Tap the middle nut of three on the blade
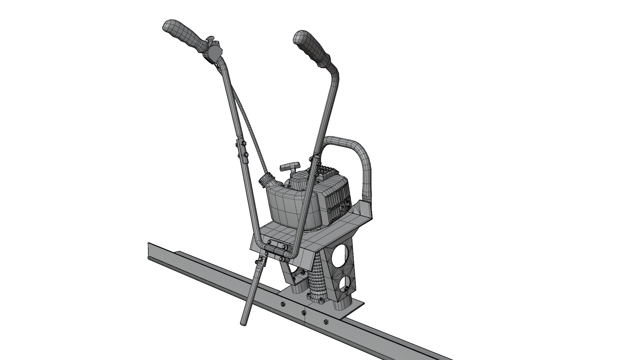303,313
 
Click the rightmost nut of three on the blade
326,322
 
